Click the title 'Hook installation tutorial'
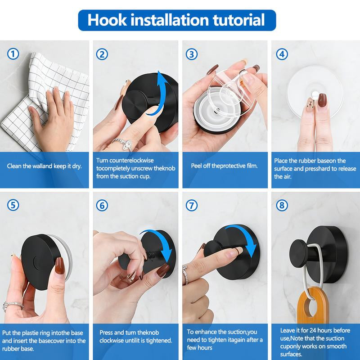(176, 20)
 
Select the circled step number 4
(282, 54)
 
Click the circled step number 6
(103, 206)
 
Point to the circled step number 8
(282, 206)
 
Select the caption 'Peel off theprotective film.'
(224, 166)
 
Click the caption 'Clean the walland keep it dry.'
(44, 166)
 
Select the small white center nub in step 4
(315, 95)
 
